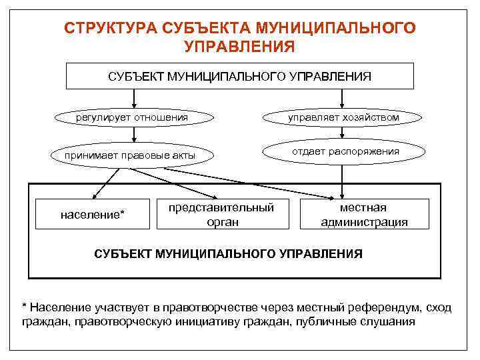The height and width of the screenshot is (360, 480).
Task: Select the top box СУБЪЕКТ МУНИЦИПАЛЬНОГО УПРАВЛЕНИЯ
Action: pyautogui.click(x=239, y=75)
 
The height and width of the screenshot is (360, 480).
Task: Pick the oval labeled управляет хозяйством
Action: pyautogui.click(x=343, y=118)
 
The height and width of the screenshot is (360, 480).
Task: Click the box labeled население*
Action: pyautogui.click(x=92, y=215)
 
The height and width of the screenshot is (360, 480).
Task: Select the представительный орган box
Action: pyautogui.click(x=221, y=214)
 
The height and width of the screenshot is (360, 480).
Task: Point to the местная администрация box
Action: pyautogui.click(x=364, y=214)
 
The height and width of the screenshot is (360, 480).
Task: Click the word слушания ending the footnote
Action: pyautogui.click(x=390, y=321)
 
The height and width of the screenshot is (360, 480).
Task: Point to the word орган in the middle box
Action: pyautogui.click(x=221, y=221)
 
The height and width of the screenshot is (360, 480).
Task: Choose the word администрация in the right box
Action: pyautogui.click(x=364, y=222)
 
